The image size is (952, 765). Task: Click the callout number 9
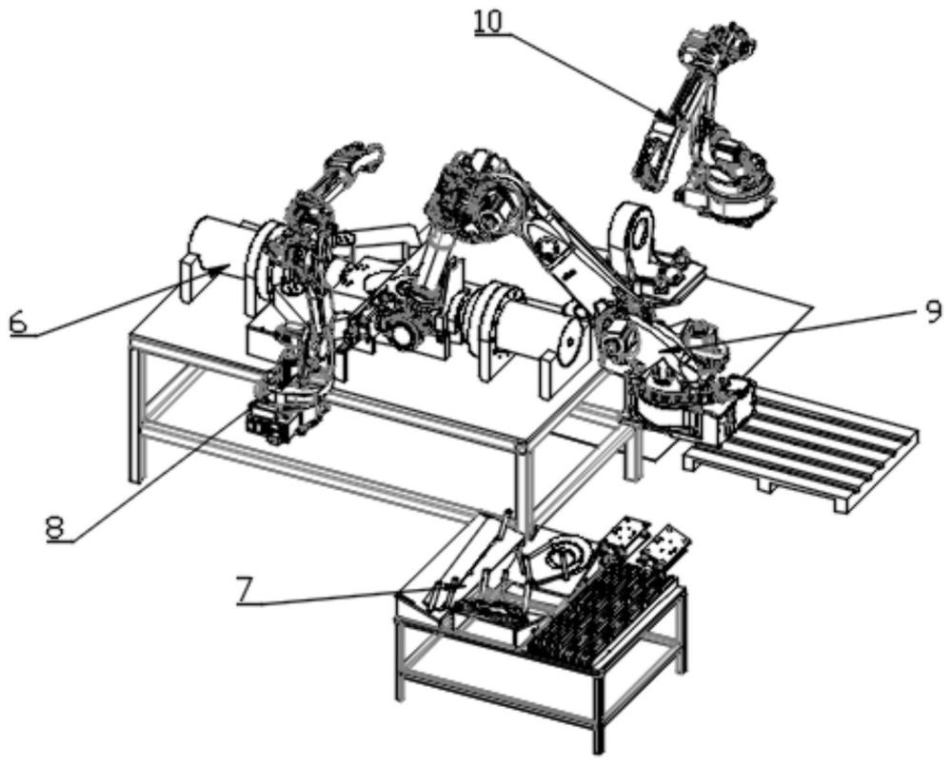931,310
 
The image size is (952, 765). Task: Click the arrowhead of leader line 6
227,266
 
